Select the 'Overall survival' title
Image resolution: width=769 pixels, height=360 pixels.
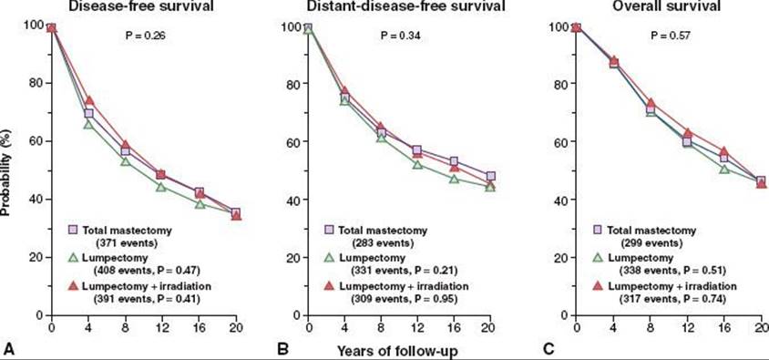coord(665,6)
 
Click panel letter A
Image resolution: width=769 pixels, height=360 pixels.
coord(7,349)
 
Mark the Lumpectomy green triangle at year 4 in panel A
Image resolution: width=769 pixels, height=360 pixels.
coord(88,125)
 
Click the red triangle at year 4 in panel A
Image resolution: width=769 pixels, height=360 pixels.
coord(88,100)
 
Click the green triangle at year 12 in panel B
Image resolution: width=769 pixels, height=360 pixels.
coord(417,164)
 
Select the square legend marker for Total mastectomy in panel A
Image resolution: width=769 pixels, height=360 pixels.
coord(73,230)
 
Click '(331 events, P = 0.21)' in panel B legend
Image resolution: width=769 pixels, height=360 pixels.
coord(405,270)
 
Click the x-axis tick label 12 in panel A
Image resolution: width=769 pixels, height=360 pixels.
coord(162,327)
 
